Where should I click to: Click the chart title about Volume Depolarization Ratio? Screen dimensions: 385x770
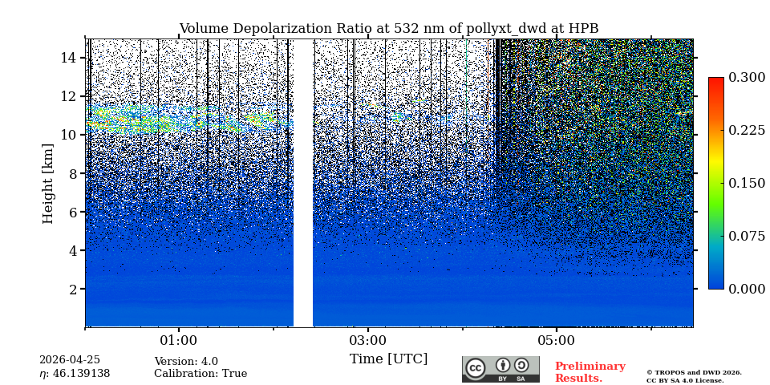[388, 29]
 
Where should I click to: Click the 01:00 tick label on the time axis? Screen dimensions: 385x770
[178, 341]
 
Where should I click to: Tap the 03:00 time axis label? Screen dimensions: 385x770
[367, 341]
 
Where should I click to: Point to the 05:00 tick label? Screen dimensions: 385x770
[557, 341]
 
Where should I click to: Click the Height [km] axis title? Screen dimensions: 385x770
[48, 183]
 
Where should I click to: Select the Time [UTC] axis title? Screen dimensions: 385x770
[388, 359]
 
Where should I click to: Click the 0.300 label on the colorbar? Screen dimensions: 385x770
[747, 78]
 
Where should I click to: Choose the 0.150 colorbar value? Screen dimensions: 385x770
[747, 183]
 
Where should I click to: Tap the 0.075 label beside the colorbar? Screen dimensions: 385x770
[747, 236]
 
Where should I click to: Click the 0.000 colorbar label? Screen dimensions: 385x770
[747, 289]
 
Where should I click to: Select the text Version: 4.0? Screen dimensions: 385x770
[186, 362]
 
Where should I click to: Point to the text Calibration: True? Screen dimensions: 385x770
[201, 374]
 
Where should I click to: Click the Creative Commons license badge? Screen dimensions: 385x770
[500, 369]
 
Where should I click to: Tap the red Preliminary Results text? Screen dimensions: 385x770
[590, 372]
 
